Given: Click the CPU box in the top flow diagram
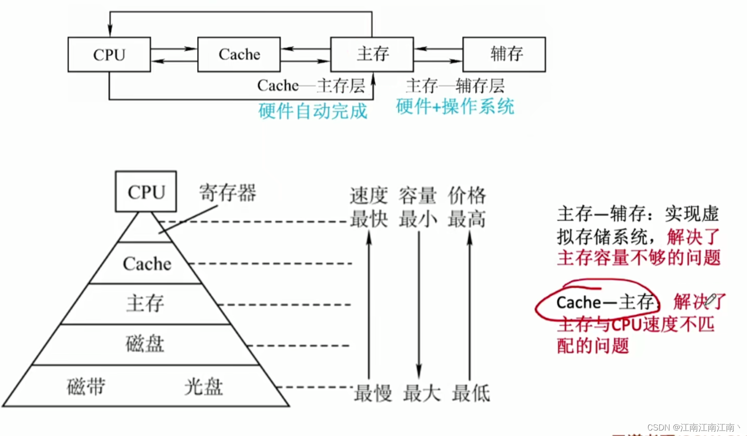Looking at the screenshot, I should tap(109, 55).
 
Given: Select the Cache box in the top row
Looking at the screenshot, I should tap(239, 55).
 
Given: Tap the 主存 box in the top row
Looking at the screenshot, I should tap(372, 55).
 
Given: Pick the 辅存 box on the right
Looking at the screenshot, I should tap(504, 55).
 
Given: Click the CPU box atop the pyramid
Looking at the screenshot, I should tap(146, 192).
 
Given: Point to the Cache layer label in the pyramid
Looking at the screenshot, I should tap(147, 264).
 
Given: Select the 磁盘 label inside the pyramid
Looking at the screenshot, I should tap(145, 344).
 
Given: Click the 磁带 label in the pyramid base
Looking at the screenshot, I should tap(86, 387).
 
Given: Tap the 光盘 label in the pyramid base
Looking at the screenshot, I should tap(203, 387).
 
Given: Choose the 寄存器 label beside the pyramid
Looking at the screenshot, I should tap(228, 193).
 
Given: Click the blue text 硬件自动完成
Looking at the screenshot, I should tap(313, 111).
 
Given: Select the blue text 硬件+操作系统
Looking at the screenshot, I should tap(455, 107).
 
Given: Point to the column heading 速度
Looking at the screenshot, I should tap(369, 196).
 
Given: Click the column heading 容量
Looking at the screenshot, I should tap(417, 196).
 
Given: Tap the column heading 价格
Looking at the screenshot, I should tap(467, 196).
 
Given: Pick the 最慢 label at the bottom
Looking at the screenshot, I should tap(373, 393).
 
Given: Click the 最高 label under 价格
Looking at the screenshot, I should tap(467, 219).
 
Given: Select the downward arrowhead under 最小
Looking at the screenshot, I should tap(419, 371).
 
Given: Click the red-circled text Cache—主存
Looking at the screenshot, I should tap(605, 302).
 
